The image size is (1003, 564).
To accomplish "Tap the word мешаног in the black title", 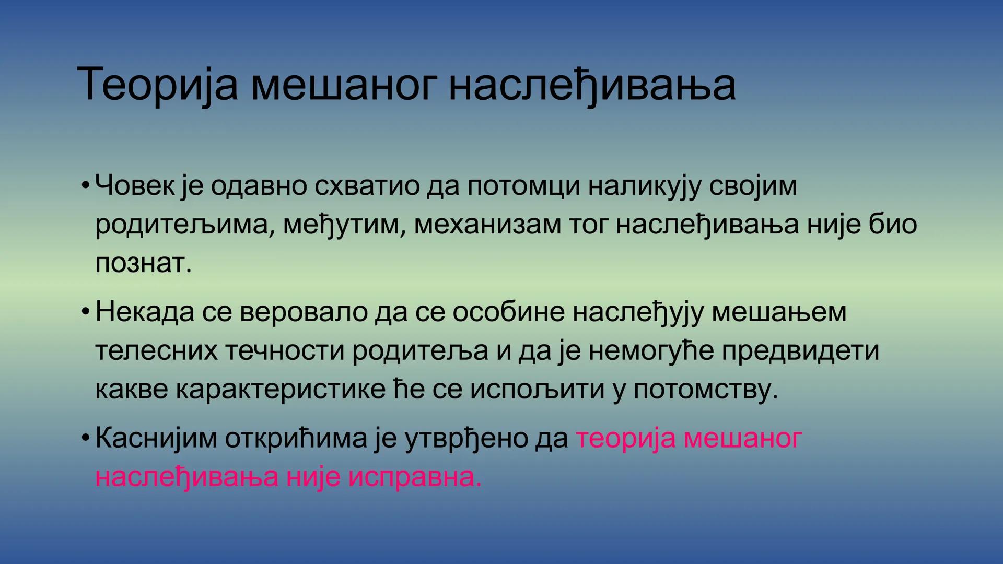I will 344,85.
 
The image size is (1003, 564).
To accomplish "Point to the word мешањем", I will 779,312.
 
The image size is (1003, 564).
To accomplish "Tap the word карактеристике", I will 280,389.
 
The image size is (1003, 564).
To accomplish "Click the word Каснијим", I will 156,438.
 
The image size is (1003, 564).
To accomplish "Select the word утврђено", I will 465,438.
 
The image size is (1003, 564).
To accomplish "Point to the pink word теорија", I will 626,438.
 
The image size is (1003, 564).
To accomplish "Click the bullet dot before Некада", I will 86,312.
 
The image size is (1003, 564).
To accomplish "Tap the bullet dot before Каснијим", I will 86,439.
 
